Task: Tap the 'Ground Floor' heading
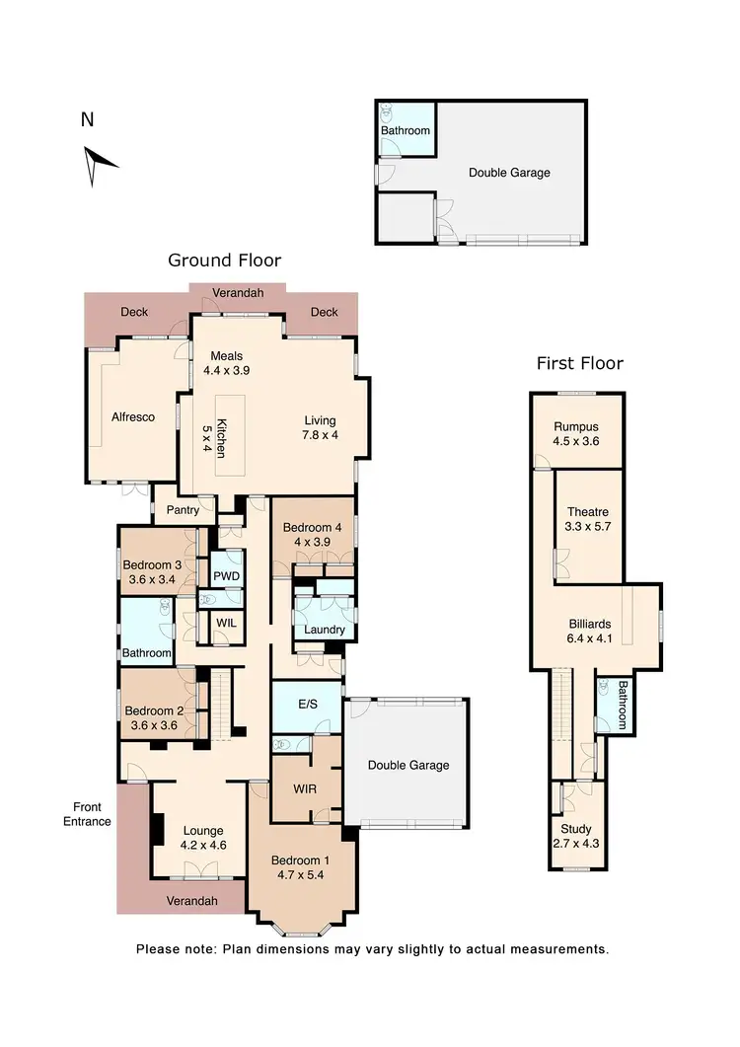click(224, 261)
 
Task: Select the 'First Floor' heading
click(579, 363)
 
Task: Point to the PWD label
click(228, 576)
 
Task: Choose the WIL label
click(226, 624)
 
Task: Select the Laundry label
click(325, 630)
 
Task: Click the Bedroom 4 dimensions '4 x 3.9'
click(313, 542)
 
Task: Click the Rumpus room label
click(577, 425)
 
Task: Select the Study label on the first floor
click(576, 830)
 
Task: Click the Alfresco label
click(133, 417)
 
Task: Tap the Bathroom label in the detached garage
click(406, 131)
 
